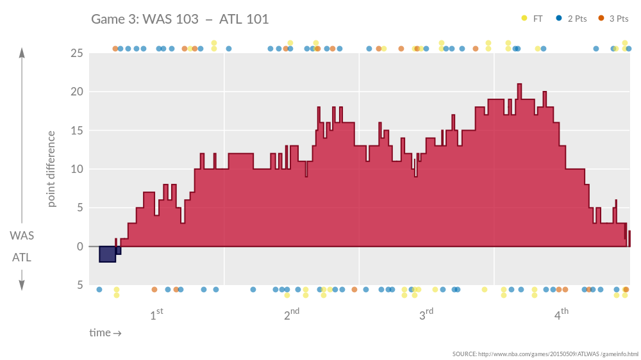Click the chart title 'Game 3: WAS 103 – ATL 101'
coord(180,19)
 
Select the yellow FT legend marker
coord(524,19)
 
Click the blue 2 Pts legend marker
coord(559,19)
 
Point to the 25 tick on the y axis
coord(76,53)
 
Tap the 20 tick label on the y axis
coord(76,92)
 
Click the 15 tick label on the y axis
coord(76,131)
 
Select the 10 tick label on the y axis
coord(76,169)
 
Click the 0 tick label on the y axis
coord(79,247)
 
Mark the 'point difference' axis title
coord(51,169)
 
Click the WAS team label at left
coord(22,236)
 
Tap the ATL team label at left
coord(22,258)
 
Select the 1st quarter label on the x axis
coord(156,315)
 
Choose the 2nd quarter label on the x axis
coord(291,315)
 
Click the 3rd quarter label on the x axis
coord(426,315)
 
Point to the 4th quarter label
coord(561,315)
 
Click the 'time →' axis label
coord(105,333)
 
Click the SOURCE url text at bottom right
coord(545,354)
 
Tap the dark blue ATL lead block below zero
coord(107,254)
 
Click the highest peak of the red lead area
coord(519,86)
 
